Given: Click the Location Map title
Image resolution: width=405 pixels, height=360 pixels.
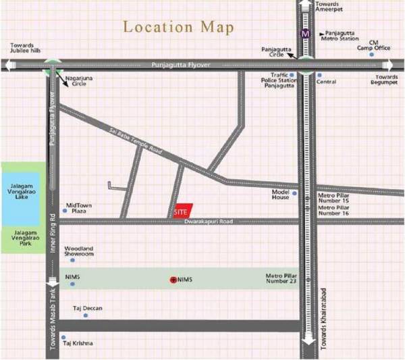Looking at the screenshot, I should tap(179, 28).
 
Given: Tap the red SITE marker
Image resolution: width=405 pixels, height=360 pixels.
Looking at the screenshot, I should tap(181, 211).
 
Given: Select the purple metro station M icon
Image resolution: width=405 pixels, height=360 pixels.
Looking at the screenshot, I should tap(306, 32).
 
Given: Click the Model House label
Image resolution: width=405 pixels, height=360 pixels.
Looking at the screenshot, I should tap(281, 194).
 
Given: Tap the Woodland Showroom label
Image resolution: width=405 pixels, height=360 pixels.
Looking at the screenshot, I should tap(79, 252).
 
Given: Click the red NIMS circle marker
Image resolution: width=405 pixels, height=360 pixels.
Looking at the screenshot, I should tap(173, 279).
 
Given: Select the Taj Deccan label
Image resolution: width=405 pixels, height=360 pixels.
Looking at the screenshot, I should tap(88, 308).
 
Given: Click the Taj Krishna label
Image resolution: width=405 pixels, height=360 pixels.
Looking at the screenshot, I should tap(78, 344).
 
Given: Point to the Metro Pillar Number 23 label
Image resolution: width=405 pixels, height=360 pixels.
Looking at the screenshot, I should tap(282, 280).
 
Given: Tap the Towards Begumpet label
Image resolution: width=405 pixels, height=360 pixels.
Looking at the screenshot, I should tap(387, 81).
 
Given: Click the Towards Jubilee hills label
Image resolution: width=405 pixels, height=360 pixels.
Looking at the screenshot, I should tap(27, 49).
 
